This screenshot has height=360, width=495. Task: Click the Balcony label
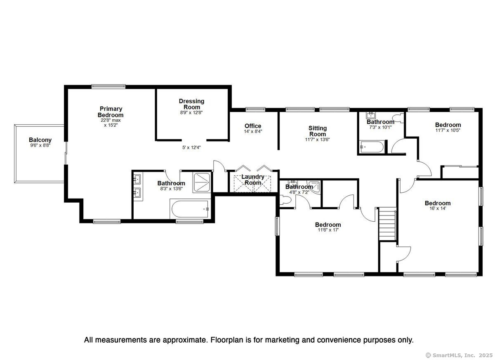[x=40, y=140]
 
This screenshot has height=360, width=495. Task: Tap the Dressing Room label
[x=191, y=104]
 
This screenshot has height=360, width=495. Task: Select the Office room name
[x=253, y=126]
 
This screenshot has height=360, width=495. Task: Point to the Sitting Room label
[x=318, y=131]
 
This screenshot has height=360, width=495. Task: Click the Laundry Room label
[x=253, y=180]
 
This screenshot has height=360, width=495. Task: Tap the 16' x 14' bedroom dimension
[x=438, y=208]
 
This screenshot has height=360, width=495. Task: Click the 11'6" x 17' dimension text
[x=328, y=230]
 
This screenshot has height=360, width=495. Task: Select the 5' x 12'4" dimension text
[x=191, y=147]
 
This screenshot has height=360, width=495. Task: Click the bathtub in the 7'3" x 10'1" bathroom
[x=372, y=147]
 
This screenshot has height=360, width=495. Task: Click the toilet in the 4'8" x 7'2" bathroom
[x=285, y=200]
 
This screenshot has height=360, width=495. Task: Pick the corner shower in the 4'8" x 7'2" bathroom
[x=314, y=187]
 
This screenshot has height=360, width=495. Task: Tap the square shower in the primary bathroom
[x=202, y=182]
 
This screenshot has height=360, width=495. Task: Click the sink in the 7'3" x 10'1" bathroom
[x=370, y=116]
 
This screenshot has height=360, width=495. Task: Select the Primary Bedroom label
[x=111, y=112]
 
